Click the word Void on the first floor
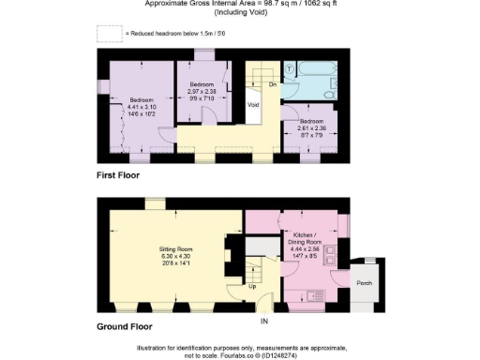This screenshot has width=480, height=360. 253,105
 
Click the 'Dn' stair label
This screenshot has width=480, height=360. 273,84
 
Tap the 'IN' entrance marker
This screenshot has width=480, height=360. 263,322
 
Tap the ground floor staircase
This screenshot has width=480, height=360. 255,273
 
